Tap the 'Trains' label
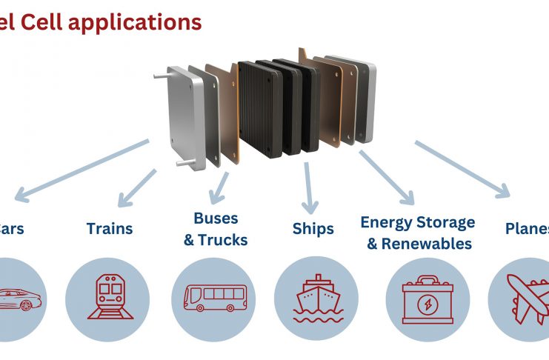(x=110, y=228)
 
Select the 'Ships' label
(x=313, y=228)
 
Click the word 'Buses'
(x=216, y=218)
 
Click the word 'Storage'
(x=445, y=222)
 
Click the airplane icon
(x=528, y=298)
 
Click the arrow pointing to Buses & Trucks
(x=220, y=187)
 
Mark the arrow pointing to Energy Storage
(x=387, y=178)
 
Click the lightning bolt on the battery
(x=427, y=304)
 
